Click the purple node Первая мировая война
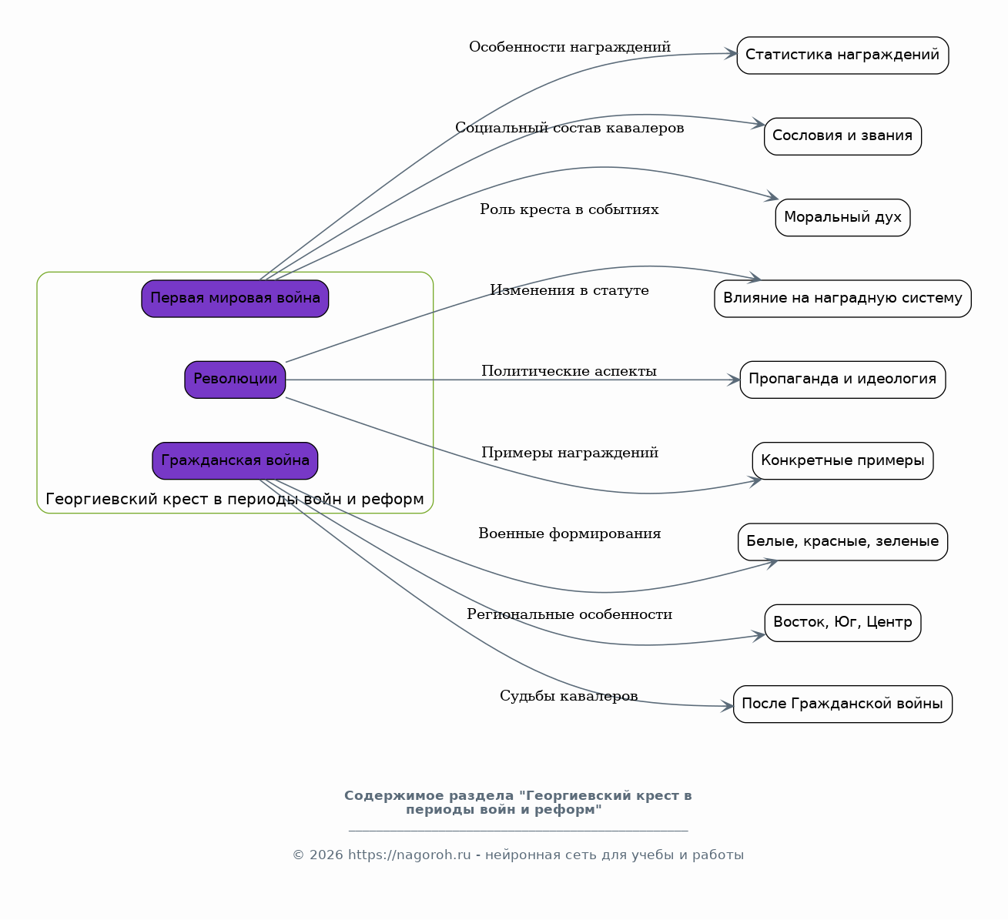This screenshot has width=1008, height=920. (x=235, y=299)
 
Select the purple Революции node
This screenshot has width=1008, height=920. (x=235, y=380)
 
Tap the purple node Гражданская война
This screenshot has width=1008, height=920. (x=235, y=460)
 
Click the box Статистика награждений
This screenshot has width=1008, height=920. (x=842, y=55)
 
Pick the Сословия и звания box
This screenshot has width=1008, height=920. (x=842, y=136)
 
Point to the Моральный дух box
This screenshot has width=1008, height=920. (x=842, y=217)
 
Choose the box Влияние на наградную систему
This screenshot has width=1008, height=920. (x=842, y=299)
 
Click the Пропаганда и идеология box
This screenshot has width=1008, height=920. (x=842, y=380)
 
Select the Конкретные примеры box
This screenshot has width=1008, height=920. (x=842, y=460)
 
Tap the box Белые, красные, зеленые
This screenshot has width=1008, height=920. (x=842, y=542)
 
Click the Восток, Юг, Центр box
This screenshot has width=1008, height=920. (x=842, y=623)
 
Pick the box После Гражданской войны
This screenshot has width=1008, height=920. (x=842, y=704)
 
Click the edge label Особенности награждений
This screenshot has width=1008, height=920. (x=569, y=47)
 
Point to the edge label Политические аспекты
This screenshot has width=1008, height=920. (x=569, y=371)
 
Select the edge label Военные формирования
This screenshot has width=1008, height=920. (x=569, y=534)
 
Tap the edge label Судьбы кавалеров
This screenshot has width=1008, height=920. (x=568, y=696)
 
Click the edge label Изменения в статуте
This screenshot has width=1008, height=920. (x=569, y=290)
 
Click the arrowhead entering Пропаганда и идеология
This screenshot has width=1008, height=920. (x=734, y=380)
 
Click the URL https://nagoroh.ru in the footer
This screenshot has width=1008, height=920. (x=409, y=855)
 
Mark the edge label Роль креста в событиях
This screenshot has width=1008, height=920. (x=569, y=209)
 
